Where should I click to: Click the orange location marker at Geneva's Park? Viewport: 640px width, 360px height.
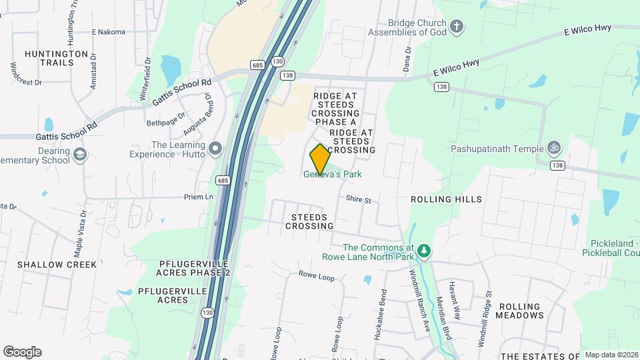click(x=320, y=159)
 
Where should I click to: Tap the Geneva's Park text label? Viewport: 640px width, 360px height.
click(x=333, y=175)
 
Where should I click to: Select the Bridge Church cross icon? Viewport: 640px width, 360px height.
click(x=457, y=27)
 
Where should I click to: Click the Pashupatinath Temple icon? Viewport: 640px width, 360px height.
click(x=553, y=148)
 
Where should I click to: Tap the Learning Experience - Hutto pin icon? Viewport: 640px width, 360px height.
click(x=215, y=149)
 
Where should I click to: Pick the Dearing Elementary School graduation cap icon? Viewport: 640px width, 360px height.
click(x=80, y=155)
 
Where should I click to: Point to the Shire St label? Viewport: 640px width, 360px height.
click(x=358, y=200)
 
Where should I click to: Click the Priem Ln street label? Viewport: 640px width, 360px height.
click(x=199, y=197)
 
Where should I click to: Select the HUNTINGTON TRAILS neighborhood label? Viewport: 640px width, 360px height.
click(x=56, y=58)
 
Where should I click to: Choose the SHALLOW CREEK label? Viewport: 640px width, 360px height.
click(x=57, y=265)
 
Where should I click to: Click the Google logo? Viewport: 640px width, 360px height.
click(x=22, y=352)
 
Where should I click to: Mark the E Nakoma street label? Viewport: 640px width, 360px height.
click(x=109, y=31)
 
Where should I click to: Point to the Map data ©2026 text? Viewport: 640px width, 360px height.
click(x=611, y=355)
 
